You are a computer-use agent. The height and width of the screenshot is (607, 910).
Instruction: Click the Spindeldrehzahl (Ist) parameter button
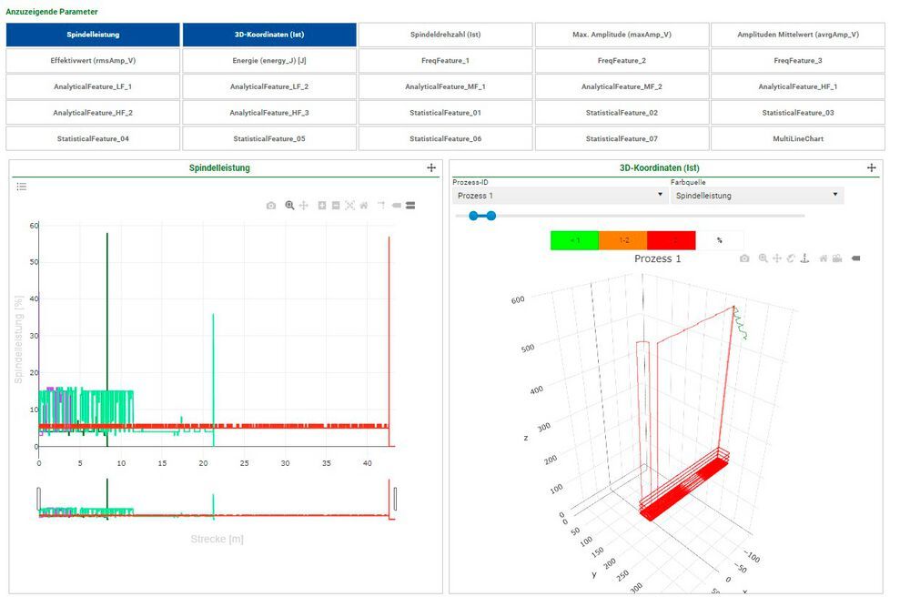pyautogui.click(x=445, y=35)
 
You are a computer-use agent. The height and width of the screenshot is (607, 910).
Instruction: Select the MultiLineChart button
pyautogui.click(x=797, y=138)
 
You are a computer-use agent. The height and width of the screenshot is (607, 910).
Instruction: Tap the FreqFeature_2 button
pyautogui.click(x=622, y=60)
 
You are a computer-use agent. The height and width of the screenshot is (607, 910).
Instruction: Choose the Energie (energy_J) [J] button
pyautogui.click(x=269, y=60)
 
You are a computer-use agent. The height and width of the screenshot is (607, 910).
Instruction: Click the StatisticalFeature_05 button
pyautogui.click(x=269, y=138)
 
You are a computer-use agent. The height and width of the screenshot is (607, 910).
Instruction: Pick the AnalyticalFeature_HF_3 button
pyautogui.click(x=269, y=113)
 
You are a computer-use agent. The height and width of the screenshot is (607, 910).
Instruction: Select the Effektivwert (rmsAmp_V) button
pyautogui.click(x=93, y=60)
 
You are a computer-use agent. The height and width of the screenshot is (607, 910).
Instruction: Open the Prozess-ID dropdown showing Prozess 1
pyautogui.click(x=559, y=196)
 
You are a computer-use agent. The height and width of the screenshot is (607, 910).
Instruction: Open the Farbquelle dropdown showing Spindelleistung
pyautogui.click(x=757, y=196)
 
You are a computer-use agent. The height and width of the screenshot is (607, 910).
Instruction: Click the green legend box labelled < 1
pyautogui.click(x=574, y=240)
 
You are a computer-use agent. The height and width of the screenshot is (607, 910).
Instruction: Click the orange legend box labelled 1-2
pyautogui.click(x=622, y=240)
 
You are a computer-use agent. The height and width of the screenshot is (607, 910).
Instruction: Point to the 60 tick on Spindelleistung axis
pyautogui.click(x=33, y=226)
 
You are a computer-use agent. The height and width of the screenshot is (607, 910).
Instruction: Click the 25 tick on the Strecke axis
pyautogui.click(x=245, y=463)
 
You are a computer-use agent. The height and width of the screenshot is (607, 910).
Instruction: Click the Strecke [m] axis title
pyautogui.click(x=217, y=539)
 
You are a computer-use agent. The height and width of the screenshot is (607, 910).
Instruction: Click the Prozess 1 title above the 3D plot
pyautogui.click(x=657, y=259)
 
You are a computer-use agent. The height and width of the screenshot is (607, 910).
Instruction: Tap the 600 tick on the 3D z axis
pyautogui.click(x=517, y=299)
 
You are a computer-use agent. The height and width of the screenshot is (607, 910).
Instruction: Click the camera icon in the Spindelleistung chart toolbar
pyautogui.click(x=271, y=206)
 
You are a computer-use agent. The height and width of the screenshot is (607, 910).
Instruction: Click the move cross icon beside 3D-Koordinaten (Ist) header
pyautogui.click(x=871, y=168)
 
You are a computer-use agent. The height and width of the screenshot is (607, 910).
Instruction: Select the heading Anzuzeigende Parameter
pyautogui.click(x=52, y=12)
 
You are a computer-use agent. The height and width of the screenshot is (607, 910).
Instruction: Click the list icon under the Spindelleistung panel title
pyautogui.click(x=22, y=187)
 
